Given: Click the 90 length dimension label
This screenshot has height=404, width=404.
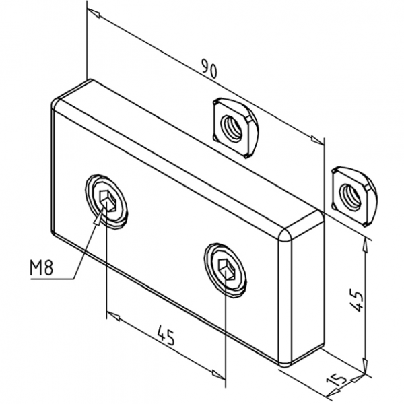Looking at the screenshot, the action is pos(209,68).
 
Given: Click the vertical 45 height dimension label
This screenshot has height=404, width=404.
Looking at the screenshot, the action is pos(356,300).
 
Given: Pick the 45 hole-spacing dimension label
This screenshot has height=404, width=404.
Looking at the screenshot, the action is pos(166,335).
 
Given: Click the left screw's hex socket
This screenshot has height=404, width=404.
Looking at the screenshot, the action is pos(108,201).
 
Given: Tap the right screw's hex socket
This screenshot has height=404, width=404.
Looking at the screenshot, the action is pos(227,269).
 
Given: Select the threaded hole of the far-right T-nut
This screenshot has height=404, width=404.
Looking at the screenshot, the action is pos(350,197).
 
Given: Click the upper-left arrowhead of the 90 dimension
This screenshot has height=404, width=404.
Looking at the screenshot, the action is pos(94,13).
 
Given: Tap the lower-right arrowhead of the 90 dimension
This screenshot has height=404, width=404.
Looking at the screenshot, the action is pos(317,140).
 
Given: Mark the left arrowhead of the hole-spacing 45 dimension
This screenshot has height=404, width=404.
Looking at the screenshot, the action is pos(113,316).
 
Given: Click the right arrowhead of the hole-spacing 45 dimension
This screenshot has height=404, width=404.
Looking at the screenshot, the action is pos(219,375).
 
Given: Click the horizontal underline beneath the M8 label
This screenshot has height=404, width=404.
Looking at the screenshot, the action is pos(52,279).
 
